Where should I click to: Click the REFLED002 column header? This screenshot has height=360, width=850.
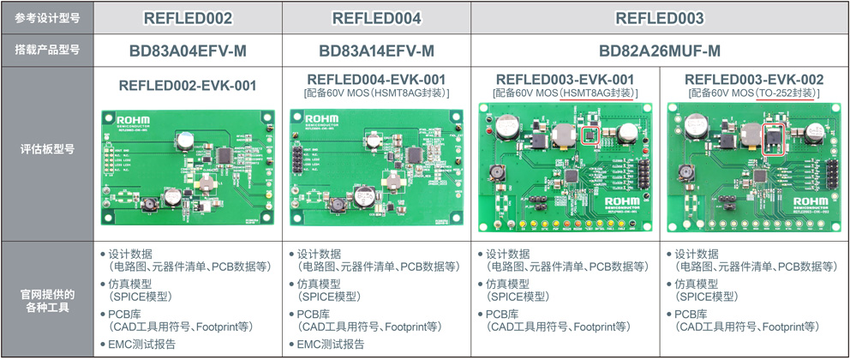pyautogui.click(x=188, y=18)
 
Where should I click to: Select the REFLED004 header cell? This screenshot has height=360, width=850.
pyautogui.click(x=377, y=18)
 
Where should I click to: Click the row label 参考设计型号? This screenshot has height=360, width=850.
pyautogui.click(x=46, y=18)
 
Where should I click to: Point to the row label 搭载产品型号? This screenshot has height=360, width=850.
pyautogui.click(x=46, y=51)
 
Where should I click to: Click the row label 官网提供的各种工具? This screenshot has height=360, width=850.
pyautogui.click(x=46, y=301)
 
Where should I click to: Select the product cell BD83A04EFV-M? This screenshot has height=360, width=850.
pyautogui.click(x=188, y=51)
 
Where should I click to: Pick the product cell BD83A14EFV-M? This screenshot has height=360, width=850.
pyautogui.click(x=377, y=51)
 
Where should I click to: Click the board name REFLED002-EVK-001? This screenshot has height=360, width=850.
pyautogui.click(x=188, y=85)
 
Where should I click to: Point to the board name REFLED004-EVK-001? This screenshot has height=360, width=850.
pyautogui.click(x=377, y=79)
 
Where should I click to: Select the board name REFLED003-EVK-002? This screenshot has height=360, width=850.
pyautogui.click(x=754, y=79)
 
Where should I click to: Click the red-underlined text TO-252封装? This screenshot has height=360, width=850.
pyautogui.click(x=787, y=93)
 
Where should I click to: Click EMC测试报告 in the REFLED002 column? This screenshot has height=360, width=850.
pyautogui.click(x=142, y=345)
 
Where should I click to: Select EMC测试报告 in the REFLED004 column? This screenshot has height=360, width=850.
pyautogui.click(x=331, y=345)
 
